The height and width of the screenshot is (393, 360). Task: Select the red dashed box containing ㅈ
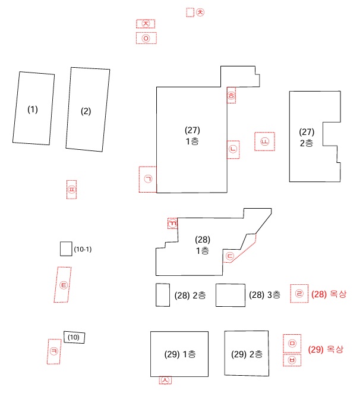click(146, 24)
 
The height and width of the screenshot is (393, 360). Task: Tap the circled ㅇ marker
click(146, 38)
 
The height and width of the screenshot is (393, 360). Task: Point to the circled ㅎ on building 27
click(232, 96)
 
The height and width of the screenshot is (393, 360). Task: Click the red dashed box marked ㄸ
click(265, 141)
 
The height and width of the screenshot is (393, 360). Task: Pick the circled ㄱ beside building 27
click(148, 179)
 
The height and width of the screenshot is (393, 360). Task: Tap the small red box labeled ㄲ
click(172, 223)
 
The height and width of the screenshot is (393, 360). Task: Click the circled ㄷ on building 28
click(230, 257)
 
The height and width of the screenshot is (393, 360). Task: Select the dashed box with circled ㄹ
click(299, 293)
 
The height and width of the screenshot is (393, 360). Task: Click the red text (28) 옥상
click(328, 294)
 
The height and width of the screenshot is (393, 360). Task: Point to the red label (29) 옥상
click(326, 349)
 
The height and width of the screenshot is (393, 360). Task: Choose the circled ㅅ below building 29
click(165, 380)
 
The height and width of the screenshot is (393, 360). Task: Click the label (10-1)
click(83, 249)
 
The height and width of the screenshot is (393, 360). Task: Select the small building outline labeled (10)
click(75, 338)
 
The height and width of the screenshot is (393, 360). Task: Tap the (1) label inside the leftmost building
click(33, 109)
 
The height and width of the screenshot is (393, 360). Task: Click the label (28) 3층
click(265, 295)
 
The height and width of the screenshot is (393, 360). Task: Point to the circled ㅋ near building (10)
click(54, 351)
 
